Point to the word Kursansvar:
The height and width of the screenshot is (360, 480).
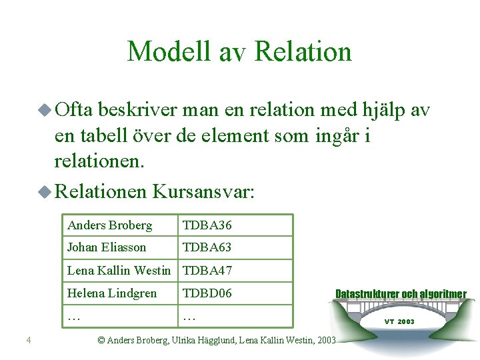[203, 192]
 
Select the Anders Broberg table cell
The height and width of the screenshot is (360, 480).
[110, 225]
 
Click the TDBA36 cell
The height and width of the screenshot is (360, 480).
[207, 225]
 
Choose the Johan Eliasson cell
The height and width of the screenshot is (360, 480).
[107, 247]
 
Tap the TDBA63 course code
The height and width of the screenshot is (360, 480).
[207, 247]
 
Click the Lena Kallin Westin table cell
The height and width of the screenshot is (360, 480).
[119, 271]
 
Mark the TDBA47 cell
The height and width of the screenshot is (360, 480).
[207, 271]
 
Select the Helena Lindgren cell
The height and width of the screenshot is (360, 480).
[112, 293]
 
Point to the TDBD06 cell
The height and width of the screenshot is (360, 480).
[207, 293]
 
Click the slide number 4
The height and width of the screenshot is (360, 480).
[28, 341]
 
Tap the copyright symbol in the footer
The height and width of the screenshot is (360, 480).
[101, 340]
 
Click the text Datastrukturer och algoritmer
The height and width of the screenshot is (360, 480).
[401, 294]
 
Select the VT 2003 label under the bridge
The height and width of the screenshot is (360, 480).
[399, 321]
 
